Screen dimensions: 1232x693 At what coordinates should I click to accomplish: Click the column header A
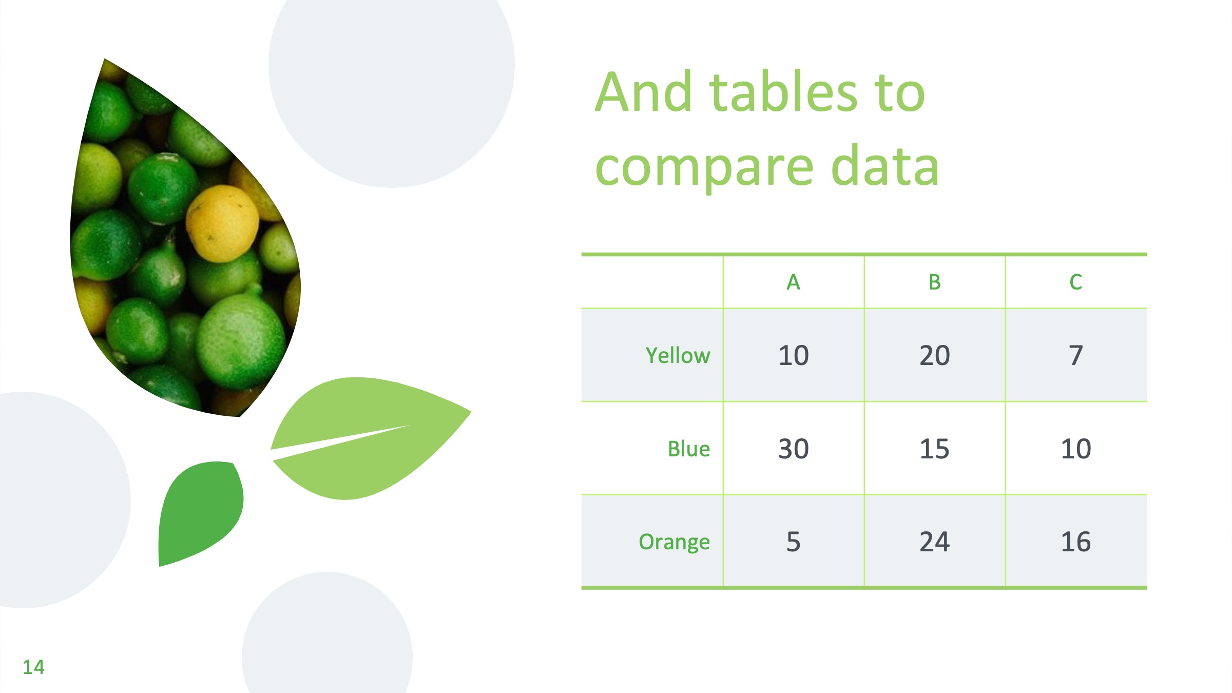point(793,282)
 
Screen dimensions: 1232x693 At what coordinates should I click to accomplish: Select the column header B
point(934,282)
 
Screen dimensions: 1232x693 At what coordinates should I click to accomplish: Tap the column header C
point(1076,282)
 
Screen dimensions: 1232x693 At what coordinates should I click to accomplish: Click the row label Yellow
point(678,355)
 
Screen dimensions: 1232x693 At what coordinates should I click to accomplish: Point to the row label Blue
point(689,449)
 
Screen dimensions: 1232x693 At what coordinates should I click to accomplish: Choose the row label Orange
point(675,542)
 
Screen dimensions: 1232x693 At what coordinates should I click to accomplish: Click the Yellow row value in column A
point(794,355)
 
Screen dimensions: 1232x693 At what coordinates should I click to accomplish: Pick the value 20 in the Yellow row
point(935,355)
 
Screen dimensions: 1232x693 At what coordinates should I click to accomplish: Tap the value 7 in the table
point(1076,355)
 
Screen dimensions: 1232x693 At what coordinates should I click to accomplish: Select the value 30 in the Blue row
point(794,449)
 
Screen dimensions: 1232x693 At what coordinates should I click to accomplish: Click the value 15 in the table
point(935,449)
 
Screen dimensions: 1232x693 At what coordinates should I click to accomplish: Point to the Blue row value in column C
point(1076,449)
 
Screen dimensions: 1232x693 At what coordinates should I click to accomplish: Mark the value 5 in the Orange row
point(794,542)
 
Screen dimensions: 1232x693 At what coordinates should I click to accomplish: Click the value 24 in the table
point(935,542)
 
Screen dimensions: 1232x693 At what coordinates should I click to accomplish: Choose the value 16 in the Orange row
point(1076,542)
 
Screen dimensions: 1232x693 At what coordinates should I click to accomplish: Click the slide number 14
point(33,667)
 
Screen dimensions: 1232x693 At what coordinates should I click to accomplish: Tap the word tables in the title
point(784,92)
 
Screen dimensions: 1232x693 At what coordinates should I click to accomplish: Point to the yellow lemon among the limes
point(222,223)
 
